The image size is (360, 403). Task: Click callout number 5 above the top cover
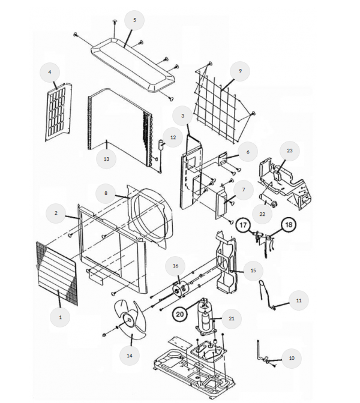click(134, 20)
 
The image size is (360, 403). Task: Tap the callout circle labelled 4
click(50, 73)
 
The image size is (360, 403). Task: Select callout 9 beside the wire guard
click(240, 71)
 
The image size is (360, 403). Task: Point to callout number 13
click(106, 159)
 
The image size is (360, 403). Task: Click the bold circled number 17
click(243, 225)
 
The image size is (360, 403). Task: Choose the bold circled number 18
click(289, 225)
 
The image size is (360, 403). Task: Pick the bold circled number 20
click(180, 314)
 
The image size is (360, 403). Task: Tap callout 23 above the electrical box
click(290, 151)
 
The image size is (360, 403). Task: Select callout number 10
click(292, 358)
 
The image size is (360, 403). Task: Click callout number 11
click(299, 300)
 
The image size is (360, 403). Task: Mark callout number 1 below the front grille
click(60, 317)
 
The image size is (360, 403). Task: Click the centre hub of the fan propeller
click(128, 320)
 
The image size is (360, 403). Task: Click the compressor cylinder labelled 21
click(206, 317)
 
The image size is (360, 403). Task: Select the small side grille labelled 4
click(59, 112)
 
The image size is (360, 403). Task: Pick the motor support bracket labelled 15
click(226, 262)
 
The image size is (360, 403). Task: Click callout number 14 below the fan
click(130, 356)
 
